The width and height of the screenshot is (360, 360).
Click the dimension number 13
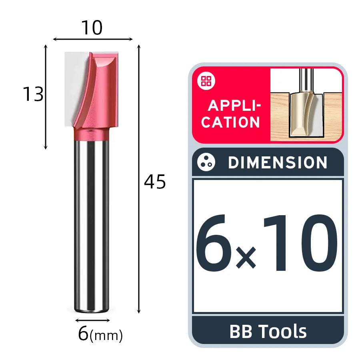point(33,94)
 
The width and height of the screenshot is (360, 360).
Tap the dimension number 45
point(155,182)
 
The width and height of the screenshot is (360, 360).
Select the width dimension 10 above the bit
point(92,28)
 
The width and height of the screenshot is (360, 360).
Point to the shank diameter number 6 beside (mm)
point(83,333)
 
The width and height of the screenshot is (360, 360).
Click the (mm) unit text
point(106,336)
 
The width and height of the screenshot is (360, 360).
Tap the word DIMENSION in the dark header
point(278,162)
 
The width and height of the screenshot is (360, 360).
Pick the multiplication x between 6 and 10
point(246,257)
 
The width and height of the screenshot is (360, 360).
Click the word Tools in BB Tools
point(283,331)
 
